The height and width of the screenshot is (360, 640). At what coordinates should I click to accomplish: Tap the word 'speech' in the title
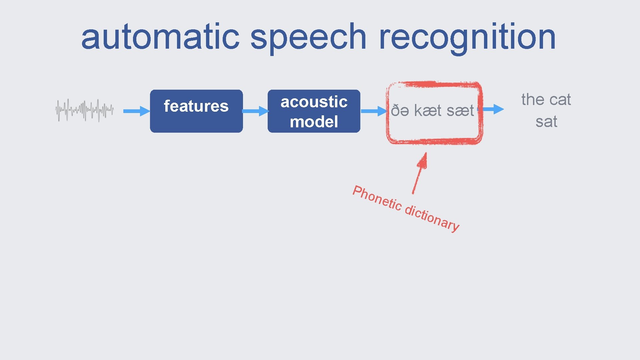[x=308, y=37]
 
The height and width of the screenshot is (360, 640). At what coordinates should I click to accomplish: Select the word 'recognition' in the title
[x=467, y=37]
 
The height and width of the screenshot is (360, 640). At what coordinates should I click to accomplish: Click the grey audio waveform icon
[x=84, y=110]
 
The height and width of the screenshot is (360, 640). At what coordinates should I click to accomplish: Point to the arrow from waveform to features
[x=136, y=111]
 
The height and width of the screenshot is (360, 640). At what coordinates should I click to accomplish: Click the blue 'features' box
[x=196, y=111]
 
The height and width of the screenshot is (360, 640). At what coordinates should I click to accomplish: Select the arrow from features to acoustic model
[x=255, y=111]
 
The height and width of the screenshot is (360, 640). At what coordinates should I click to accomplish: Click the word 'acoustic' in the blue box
[x=314, y=102]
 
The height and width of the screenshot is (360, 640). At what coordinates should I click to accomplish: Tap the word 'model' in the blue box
[x=314, y=122]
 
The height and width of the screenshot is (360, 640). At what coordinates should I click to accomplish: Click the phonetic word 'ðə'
[x=400, y=111]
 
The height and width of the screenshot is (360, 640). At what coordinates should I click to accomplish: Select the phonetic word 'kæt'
[x=428, y=111]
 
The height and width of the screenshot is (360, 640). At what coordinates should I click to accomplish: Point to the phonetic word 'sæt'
[x=460, y=111]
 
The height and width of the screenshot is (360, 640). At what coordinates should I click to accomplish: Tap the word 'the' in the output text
[x=533, y=99]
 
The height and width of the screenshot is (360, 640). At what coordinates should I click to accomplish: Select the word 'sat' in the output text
[x=546, y=122]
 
